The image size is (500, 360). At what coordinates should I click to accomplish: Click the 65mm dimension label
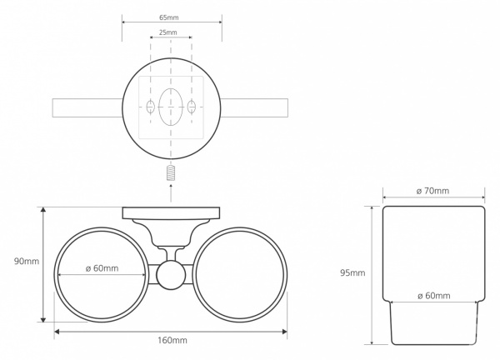168,17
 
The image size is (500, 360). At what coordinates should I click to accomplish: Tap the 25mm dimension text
167,32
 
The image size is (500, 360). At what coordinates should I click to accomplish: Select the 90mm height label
27,262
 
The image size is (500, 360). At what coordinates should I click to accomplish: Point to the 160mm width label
172,341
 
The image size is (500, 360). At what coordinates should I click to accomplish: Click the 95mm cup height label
352,273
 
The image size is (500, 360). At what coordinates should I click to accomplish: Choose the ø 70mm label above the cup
432,191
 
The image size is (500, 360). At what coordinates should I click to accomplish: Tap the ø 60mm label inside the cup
433,296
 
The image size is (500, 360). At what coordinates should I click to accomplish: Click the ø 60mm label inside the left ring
102,268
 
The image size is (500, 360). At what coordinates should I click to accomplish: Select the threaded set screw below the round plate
171,173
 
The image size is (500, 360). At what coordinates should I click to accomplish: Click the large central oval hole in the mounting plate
171,107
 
